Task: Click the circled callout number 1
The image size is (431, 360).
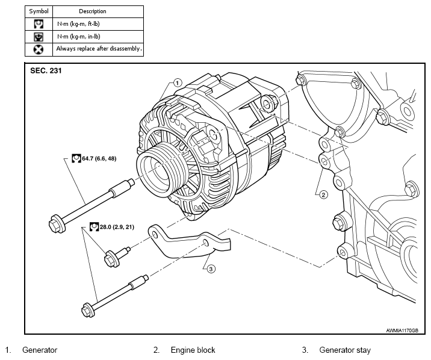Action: click(x=178, y=82)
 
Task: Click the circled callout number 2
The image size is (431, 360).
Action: click(x=323, y=195)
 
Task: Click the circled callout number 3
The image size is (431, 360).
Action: click(x=211, y=268)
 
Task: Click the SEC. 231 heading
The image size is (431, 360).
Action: click(x=46, y=70)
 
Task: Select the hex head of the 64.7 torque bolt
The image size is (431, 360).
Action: click(x=57, y=223)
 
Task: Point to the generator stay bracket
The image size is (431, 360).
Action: click(x=190, y=242)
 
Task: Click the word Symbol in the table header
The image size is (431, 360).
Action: click(x=39, y=11)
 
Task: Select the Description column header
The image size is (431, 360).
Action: click(x=92, y=11)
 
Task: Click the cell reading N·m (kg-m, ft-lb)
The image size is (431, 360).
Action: click(x=78, y=24)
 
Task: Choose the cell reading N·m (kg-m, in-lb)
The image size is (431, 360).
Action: click(x=79, y=37)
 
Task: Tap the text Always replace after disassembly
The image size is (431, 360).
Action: click(x=99, y=49)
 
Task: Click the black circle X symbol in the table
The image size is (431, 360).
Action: click(x=39, y=50)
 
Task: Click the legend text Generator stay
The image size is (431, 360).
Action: click(x=345, y=350)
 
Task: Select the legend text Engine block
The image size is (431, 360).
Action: click(x=193, y=350)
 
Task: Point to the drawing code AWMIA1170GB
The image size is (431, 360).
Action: click(x=402, y=331)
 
